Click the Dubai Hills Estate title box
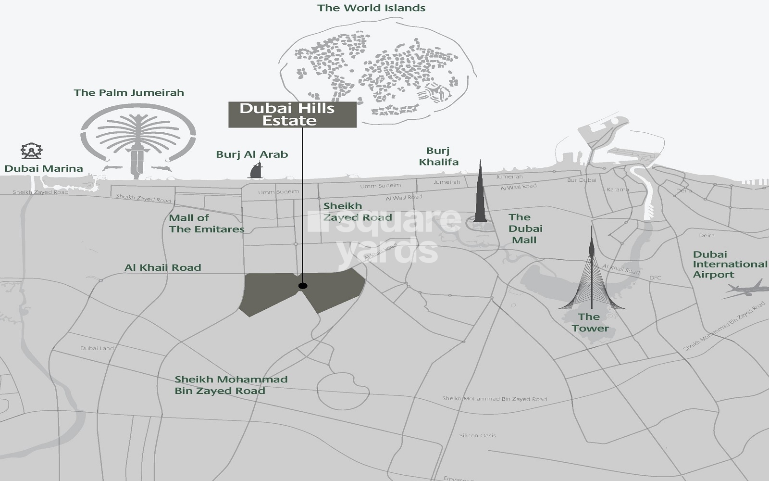click(292, 114)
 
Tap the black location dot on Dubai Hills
click(302, 286)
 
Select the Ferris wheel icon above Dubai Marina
click(31, 151)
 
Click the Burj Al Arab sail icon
click(256, 170)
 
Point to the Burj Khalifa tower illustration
click(480, 197)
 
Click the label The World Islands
click(371, 8)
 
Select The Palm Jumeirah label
click(129, 92)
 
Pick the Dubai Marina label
click(44, 168)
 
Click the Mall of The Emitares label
click(206, 223)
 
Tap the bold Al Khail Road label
click(162, 267)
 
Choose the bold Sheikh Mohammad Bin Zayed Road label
click(231, 385)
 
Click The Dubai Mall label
click(525, 228)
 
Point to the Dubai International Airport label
click(730, 264)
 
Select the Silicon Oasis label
click(477, 435)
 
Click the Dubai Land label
click(97, 348)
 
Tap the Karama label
click(618, 190)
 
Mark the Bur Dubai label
click(582, 180)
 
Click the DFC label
click(655, 278)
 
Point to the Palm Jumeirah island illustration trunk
click(137, 161)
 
